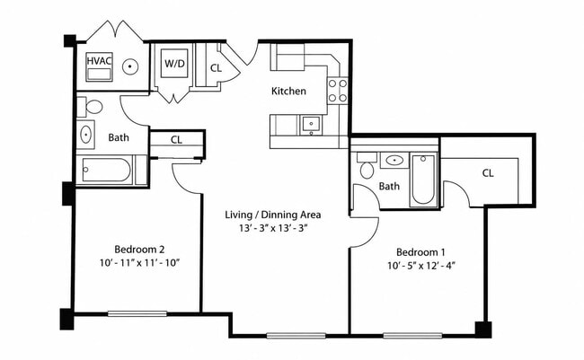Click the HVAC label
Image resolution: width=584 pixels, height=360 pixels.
click(99, 60)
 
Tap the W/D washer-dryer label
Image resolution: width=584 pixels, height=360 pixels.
click(174, 63)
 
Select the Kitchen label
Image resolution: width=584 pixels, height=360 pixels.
click(288, 91)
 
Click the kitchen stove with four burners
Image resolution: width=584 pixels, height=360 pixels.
click(338, 91)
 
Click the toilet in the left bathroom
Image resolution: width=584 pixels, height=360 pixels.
click(90, 107)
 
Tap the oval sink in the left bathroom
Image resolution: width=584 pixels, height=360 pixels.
click(86, 134)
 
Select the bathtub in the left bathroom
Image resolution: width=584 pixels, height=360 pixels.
click(107, 171)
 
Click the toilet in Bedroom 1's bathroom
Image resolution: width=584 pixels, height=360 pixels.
click(367, 166)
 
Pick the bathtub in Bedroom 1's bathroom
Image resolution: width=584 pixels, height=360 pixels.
click(423, 179)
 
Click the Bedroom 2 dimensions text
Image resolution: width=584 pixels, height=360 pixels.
click(139, 263)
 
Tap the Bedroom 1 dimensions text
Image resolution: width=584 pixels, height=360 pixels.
click(421, 266)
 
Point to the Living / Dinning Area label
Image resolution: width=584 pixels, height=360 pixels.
click(273, 215)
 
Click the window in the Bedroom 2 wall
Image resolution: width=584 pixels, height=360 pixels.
click(137, 314)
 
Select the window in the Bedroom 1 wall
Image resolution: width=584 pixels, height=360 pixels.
click(412, 336)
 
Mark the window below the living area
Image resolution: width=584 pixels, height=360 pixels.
click(296, 336)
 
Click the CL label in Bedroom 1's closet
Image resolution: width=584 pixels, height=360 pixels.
click(488, 173)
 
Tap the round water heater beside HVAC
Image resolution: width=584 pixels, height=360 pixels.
click(130, 66)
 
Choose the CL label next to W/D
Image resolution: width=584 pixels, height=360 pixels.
click(216, 68)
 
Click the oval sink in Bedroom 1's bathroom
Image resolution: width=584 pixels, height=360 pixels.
click(394, 161)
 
